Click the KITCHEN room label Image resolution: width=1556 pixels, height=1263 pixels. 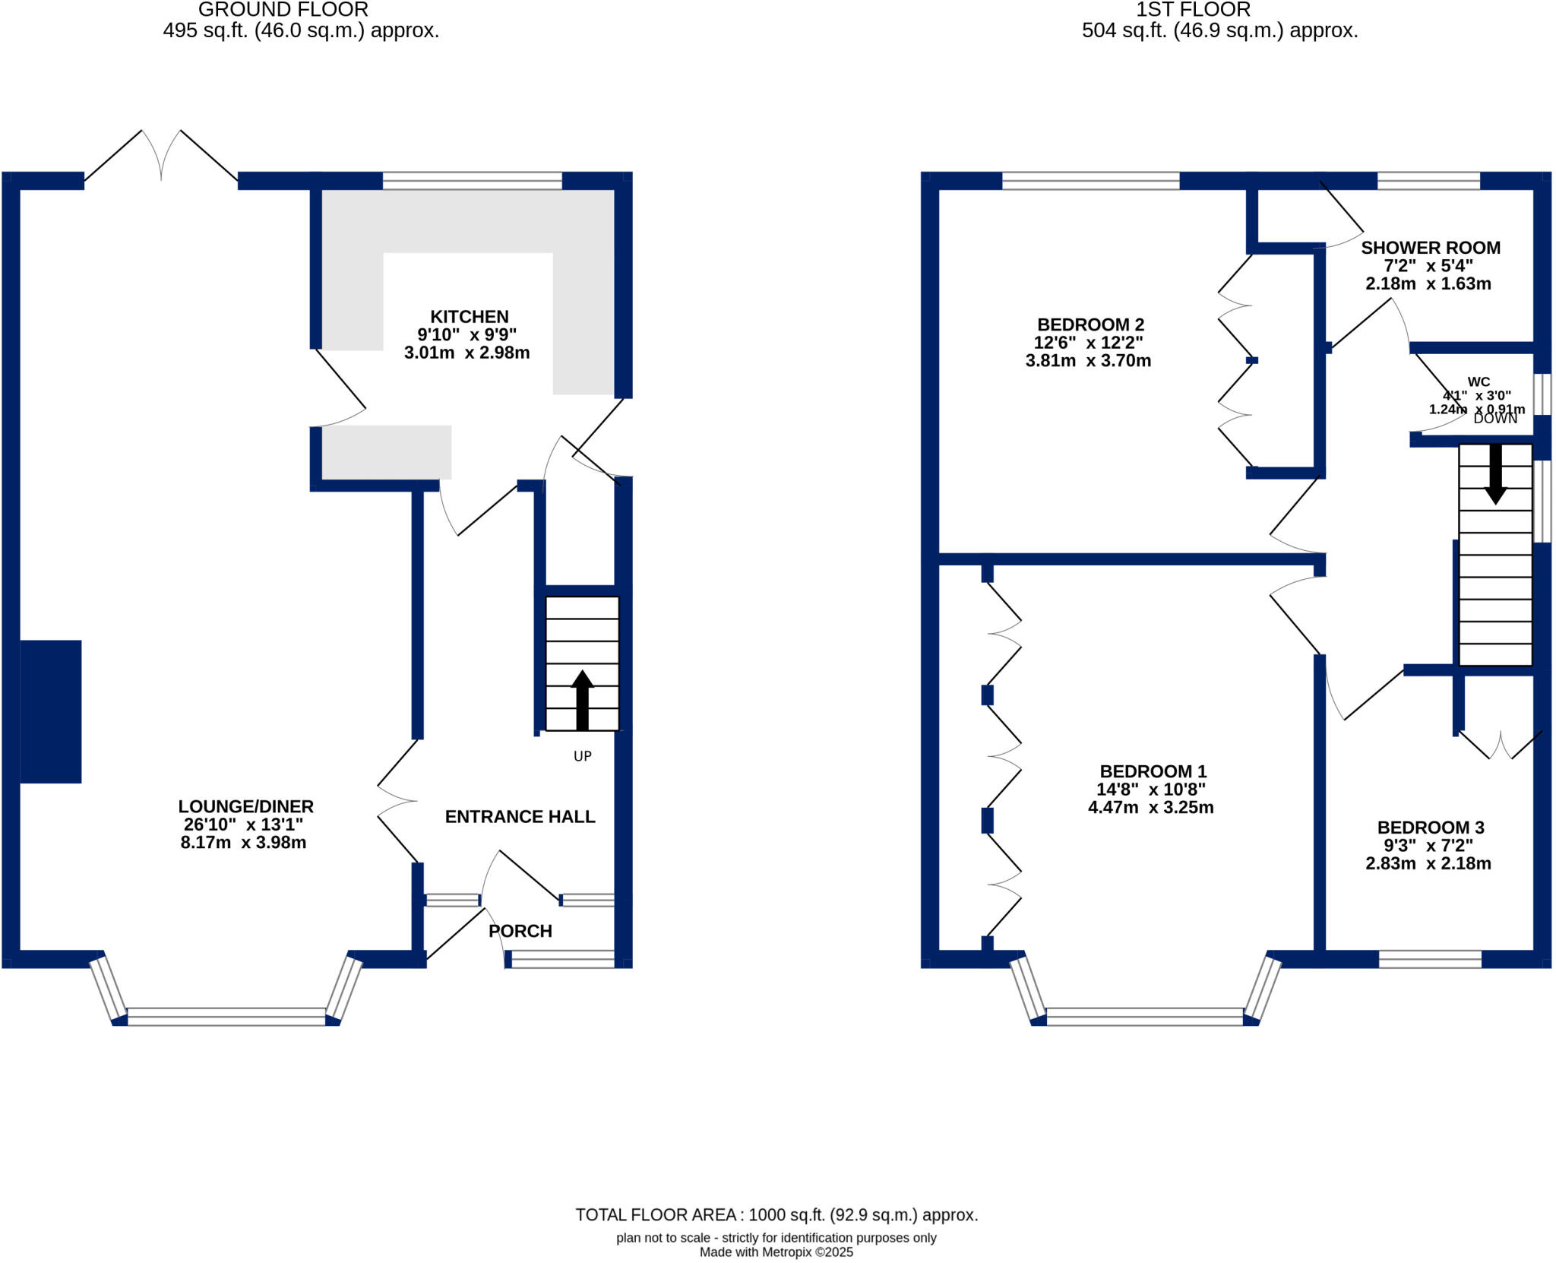coord(469,317)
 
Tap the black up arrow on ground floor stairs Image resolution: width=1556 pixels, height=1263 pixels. coord(582,699)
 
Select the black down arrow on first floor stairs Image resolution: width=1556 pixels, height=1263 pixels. coord(1495,474)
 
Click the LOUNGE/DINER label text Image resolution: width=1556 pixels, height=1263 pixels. coord(245,806)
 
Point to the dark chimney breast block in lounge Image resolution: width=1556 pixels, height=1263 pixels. coord(50,711)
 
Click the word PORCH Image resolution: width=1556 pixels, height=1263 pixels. coord(520,931)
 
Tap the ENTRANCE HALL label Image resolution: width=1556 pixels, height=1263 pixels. coord(520,817)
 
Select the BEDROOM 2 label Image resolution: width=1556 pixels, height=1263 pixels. coord(1090,325)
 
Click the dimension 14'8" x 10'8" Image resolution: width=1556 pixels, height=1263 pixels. coord(1150,790)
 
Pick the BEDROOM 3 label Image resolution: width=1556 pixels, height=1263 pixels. coord(1430,828)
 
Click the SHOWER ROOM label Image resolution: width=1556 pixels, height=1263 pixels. coord(1430,248)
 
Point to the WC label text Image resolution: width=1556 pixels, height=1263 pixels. coord(1478,382)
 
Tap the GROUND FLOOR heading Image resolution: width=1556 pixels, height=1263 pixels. coord(283,10)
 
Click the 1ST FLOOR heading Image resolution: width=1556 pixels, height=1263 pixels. coord(1192,10)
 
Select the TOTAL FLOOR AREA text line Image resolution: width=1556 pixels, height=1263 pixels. coord(776,1215)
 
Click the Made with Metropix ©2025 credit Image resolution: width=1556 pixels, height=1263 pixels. coord(776,1252)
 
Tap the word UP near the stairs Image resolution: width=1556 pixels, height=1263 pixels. coord(582,756)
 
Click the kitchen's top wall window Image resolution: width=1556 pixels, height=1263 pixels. coord(472,181)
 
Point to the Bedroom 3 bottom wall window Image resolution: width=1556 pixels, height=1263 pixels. coord(1429,959)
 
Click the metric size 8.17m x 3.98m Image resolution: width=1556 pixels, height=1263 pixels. coord(243,842)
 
